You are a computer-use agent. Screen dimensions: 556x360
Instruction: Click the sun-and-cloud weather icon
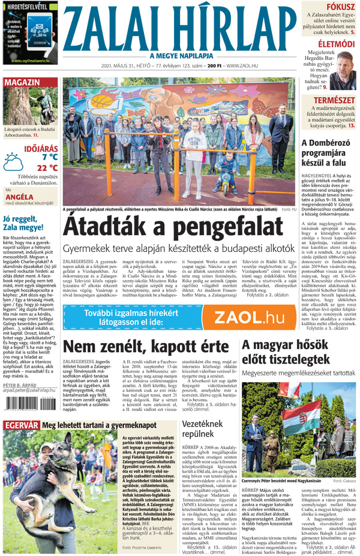[x=14, y=162]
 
